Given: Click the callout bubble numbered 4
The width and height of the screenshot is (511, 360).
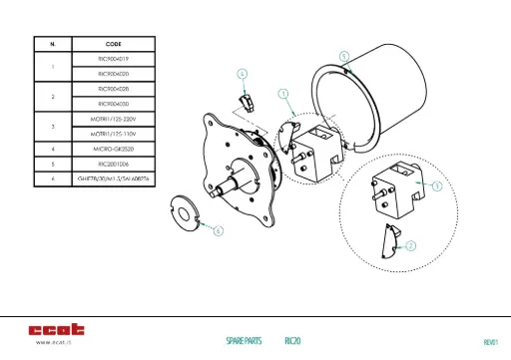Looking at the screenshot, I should click(x=242, y=73).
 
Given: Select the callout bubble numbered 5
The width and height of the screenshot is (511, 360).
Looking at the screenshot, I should click(x=344, y=56).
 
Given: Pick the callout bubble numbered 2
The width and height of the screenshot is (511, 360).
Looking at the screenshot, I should click(x=410, y=244).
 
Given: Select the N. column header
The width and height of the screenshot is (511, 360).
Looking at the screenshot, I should click(x=52, y=45).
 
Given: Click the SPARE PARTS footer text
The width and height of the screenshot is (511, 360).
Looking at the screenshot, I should click(x=244, y=341).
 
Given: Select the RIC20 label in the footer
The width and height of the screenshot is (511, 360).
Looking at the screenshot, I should click(x=292, y=341).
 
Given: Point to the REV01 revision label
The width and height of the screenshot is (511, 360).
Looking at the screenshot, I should click(x=489, y=342).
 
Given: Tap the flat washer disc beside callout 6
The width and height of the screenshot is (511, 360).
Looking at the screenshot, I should click(x=184, y=212).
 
